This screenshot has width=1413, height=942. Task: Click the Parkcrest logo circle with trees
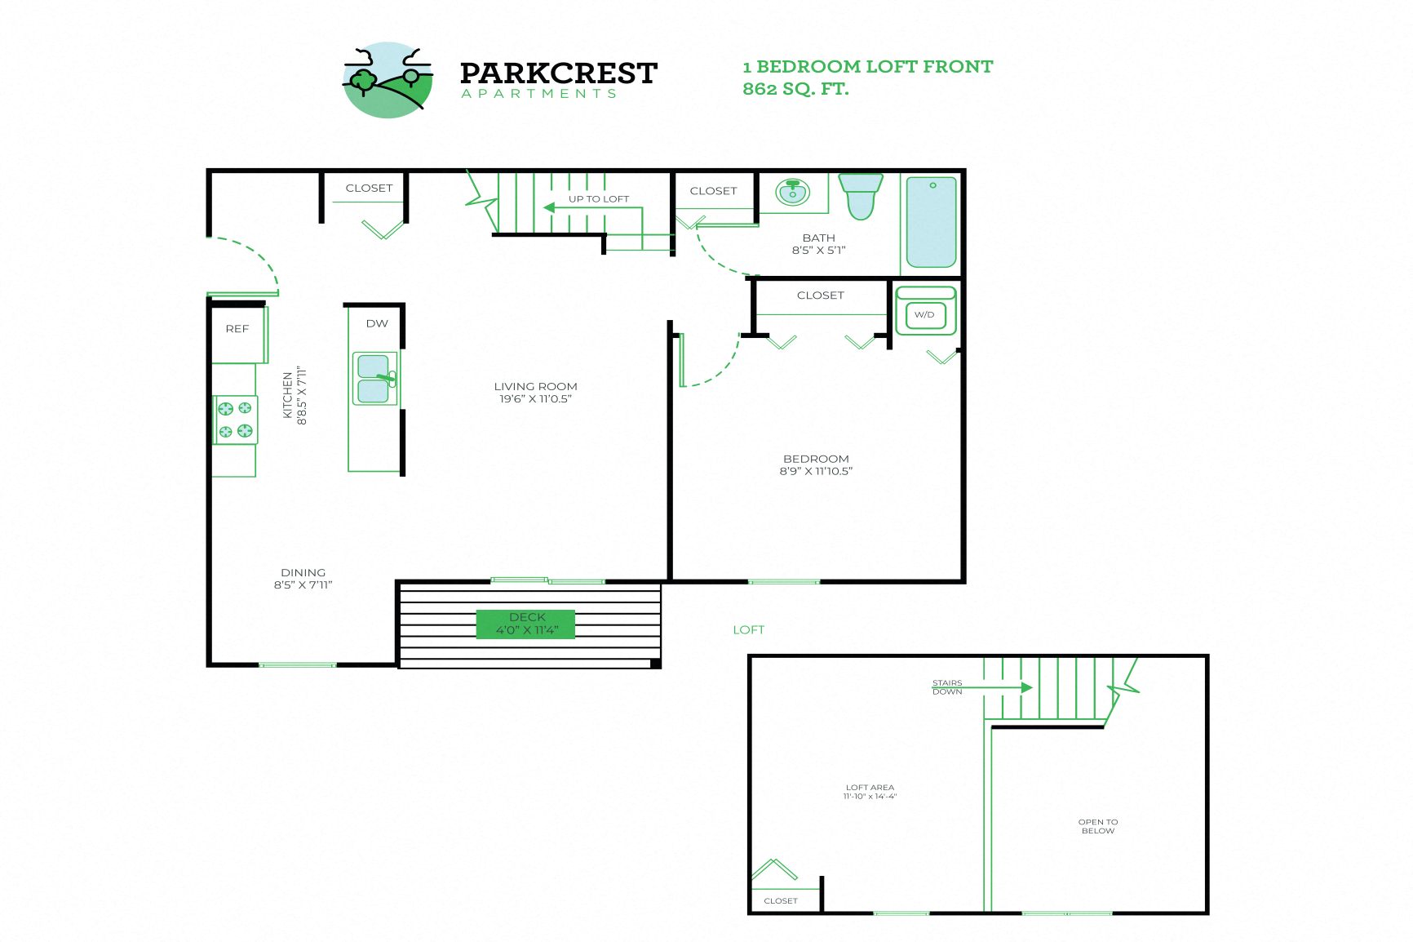pyautogui.click(x=388, y=80)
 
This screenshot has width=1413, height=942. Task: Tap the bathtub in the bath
pyautogui.click(x=931, y=222)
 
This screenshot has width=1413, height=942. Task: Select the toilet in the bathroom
pyautogui.click(x=861, y=196)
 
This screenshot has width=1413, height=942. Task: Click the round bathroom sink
pyautogui.click(x=792, y=193)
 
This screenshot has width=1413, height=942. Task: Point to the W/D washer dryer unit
pyautogui.click(x=925, y=313)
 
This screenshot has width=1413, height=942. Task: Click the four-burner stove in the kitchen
pyautogui.click(x=235, y=420)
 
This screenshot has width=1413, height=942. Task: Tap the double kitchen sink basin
pyautogui.click(x=374, y=379)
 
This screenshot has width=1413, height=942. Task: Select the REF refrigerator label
pyautogui.click(x=237, y=329)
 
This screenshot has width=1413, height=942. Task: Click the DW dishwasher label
pyautogui.click(x=377, y=323)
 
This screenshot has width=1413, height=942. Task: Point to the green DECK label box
pyautogui.click(x=526, y=624)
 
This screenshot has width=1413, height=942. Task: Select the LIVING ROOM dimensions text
pyautogui.click(x=535, y=399)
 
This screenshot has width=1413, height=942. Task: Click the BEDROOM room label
pyautogui.click(x=816, y=459)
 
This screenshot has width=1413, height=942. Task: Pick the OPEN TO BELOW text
pyautogui.click(x=1098, y=826)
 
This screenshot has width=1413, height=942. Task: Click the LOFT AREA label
pyautogui.click(x=870, y=788)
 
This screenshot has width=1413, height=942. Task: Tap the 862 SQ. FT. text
pyautogui.click(x=795, y=89)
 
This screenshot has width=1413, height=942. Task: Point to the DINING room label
pyautogui.click(x=303, y=572)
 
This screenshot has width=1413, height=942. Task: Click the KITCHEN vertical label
pyautogui.click(x=288, y=396)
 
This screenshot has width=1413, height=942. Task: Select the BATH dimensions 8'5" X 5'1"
pyautogui.click(x=818, y=251)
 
